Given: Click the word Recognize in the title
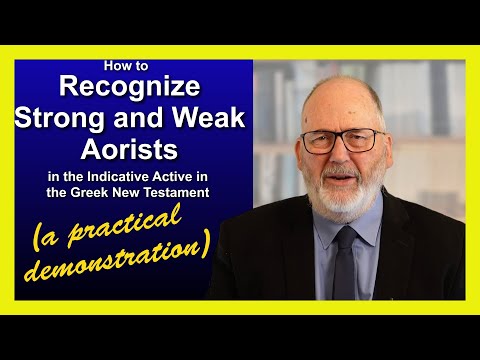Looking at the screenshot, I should click(x=132, y=88).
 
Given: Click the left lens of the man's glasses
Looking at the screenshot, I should click(x=319, y=142).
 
